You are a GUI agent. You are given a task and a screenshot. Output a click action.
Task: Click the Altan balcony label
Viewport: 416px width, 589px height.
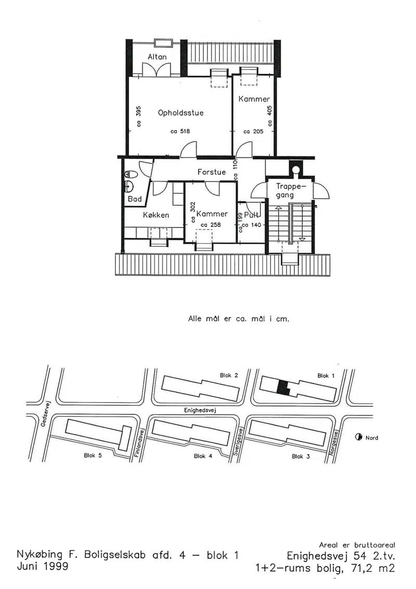coord(157,57)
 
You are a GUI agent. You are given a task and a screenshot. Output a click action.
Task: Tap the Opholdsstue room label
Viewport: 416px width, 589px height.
coord(181,112)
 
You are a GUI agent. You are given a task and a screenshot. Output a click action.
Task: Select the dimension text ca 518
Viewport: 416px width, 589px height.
coord(180,131)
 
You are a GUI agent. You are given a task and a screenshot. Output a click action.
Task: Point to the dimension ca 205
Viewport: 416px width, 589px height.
coord(254,131)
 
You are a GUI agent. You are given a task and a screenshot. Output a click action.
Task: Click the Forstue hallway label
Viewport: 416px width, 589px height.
coord(212,172)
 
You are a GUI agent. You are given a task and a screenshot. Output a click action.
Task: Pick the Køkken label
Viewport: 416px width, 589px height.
coord(156,215)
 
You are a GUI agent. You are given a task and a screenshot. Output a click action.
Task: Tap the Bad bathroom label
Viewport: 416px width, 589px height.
coord(135,199)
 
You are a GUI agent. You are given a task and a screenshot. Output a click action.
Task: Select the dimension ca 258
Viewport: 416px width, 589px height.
coord(211,224)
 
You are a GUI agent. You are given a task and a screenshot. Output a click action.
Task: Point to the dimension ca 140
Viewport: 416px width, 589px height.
coord(251,225)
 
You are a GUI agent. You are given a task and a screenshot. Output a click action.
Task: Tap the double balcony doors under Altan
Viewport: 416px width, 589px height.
coord(157,70)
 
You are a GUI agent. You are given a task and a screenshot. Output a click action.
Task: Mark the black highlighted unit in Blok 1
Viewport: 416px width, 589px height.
coord(283,387)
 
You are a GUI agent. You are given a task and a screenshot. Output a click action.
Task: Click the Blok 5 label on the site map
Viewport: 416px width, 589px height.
coord(93,455)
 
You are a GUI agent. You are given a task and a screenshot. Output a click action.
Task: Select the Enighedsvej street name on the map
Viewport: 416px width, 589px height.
coord(200,410)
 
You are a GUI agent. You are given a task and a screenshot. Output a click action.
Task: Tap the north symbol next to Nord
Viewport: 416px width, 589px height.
coord(359,437)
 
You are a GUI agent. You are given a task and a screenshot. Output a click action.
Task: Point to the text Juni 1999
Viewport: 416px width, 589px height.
coord(43,566)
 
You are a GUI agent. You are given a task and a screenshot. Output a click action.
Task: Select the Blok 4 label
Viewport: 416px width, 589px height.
coord(203,456)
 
